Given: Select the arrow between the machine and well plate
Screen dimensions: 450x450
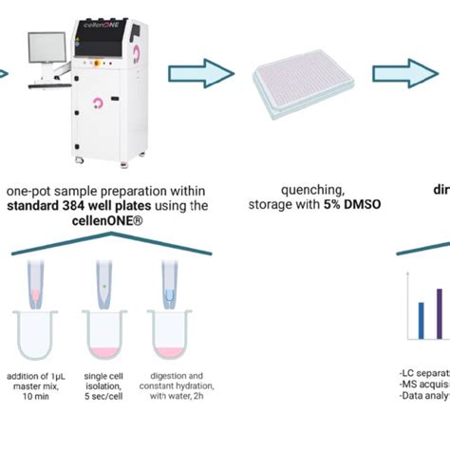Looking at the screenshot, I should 200,73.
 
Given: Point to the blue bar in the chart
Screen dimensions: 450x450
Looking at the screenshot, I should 421,321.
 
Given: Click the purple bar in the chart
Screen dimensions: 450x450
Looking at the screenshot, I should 440,313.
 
